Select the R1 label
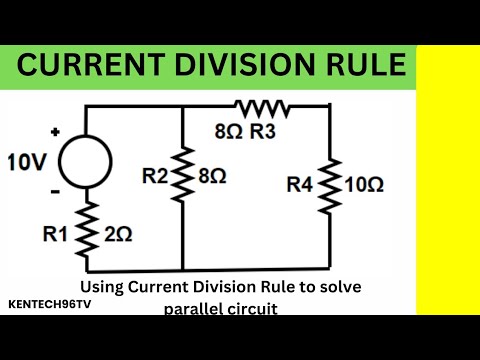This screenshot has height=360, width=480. click(x=57, y=235)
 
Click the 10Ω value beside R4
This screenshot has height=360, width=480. click(x=365, y=185)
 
